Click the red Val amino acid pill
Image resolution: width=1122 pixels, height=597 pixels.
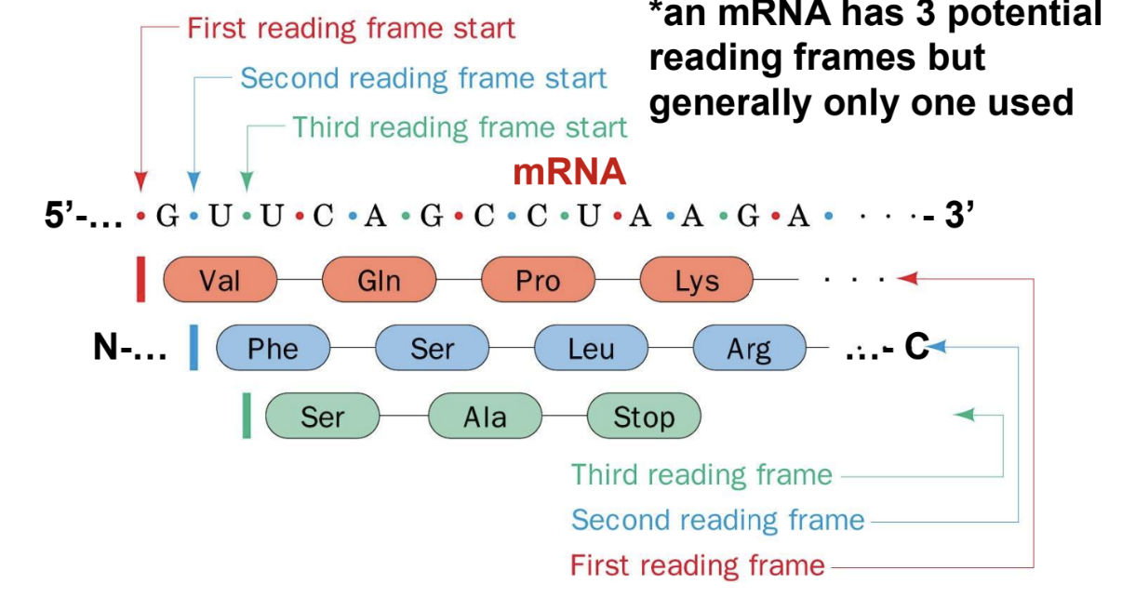220,279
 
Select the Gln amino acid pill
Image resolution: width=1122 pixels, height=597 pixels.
379,279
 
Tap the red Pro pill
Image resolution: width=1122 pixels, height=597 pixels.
538,279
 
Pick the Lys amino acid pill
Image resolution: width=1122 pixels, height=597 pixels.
697,279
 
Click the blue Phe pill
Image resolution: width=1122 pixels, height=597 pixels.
273,348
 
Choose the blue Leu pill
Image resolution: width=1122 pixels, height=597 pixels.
591,348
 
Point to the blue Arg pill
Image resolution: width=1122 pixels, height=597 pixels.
749,348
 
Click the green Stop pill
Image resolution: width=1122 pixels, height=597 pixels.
643,417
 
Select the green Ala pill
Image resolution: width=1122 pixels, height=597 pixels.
485,417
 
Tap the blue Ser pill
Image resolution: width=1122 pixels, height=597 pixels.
432,348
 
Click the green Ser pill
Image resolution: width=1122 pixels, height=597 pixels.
323,417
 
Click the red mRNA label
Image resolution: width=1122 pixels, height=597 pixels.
569,172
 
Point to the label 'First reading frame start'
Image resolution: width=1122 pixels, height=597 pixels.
351,28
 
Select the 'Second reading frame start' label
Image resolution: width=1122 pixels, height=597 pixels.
423,78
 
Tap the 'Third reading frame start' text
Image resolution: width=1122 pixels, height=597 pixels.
460,126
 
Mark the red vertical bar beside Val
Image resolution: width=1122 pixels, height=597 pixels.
140,279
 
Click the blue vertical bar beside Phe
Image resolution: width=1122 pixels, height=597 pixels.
194,348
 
